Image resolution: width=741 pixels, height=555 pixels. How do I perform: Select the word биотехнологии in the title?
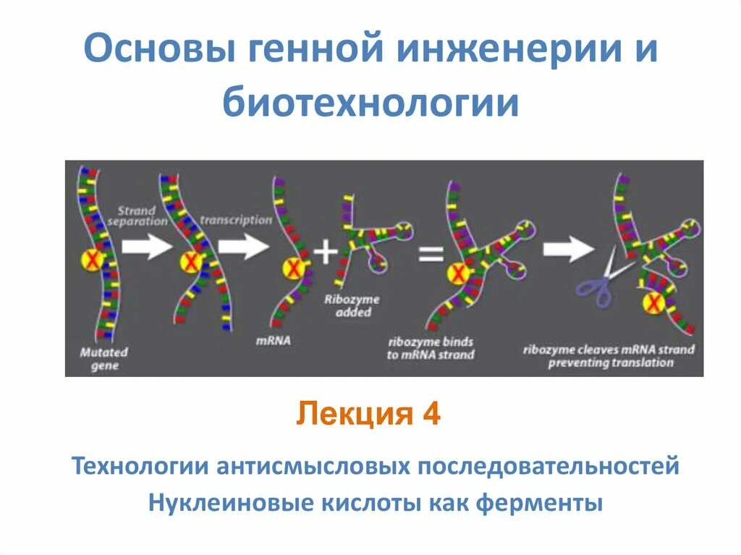click(370, 103)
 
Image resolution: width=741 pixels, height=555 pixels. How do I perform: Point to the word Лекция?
click(347, 415)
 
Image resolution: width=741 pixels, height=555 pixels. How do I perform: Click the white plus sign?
click(326, 253)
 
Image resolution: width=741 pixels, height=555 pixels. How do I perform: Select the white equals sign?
click(430, 255)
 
